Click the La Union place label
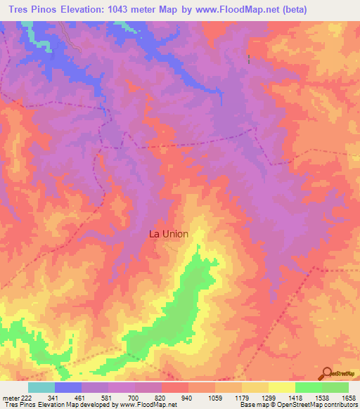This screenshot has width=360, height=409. (x=169, y=234)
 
